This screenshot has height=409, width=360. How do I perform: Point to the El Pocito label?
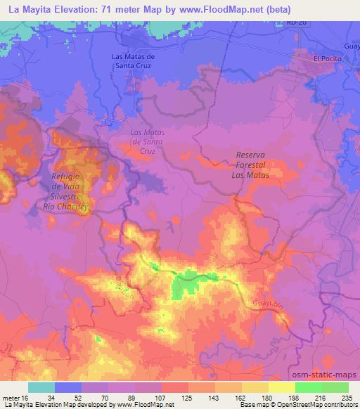(x=326, y=59)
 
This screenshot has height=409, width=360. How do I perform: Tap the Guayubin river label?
(x=267, y=303)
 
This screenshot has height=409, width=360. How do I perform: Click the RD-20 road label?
(x=297, y=22)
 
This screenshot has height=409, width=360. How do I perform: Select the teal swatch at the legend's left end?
(x=41, y=387)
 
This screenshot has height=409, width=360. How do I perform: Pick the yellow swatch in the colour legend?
(x=281, y=387)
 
